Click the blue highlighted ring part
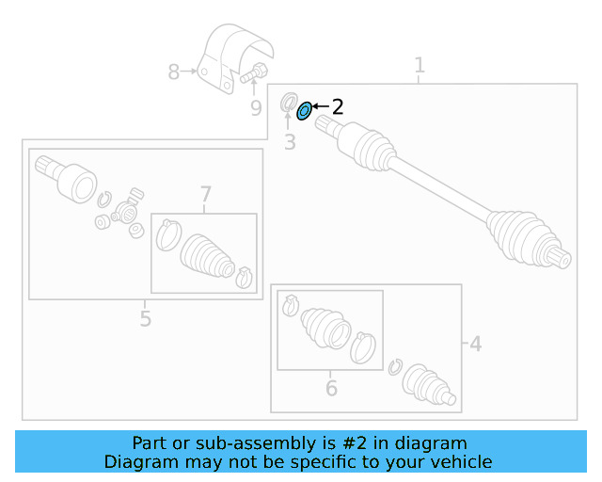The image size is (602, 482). click(304, 112)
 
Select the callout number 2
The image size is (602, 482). click(337, 107)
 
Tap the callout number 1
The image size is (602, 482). click(420, 65)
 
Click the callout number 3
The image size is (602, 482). click(290, 143)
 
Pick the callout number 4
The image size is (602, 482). click(476, 345)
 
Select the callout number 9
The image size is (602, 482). click(256, 108)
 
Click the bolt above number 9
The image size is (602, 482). click(255, 72)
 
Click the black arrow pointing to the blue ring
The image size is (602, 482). click(319, 107)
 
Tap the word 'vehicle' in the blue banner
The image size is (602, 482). click(461, 461)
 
